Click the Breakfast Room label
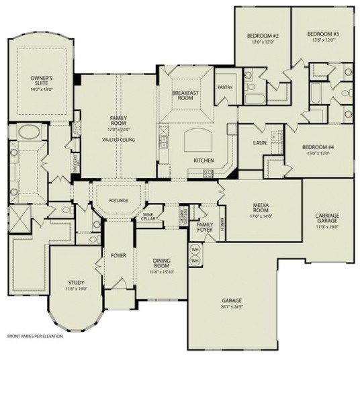coord(183,96)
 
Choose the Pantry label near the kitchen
coord(224,87)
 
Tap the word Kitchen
coord(203,161)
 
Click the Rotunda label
coord(118,200)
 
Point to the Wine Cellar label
coord(148,216)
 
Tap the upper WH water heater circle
coord(196,249)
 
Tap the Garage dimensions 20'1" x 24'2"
coord(232,306)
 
